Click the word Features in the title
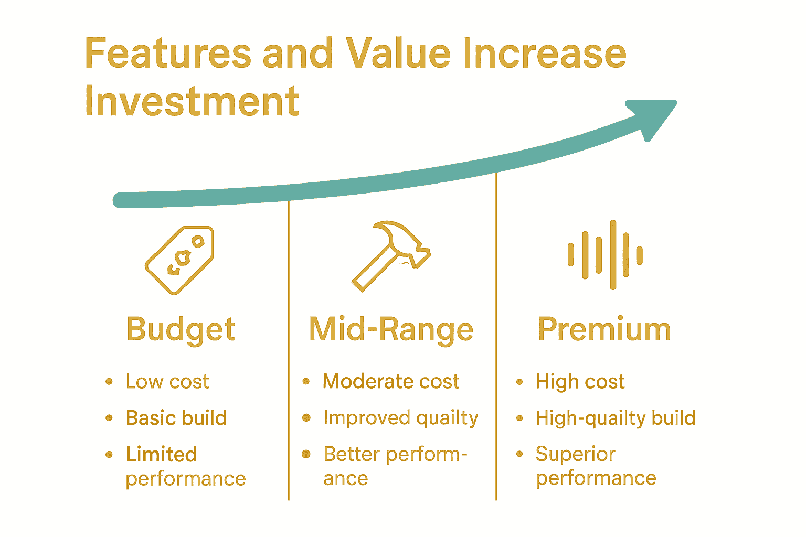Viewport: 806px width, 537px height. tap(168, 53)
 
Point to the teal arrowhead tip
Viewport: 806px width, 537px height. tap(676, 102)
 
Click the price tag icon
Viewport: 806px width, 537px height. tap(179, 260)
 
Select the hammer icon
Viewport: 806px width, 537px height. tap(391, 256)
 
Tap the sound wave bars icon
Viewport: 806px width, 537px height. tap(605, 255)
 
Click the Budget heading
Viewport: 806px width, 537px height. tap(181, 330)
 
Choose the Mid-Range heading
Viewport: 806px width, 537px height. tap(391, 330)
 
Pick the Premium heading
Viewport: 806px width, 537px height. tap(604, 329)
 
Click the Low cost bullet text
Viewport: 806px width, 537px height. tap(167, 381)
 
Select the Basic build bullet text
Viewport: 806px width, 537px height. tap(176, 418)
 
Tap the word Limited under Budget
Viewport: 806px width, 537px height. tap(162, 454)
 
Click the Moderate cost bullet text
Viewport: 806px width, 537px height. tap(391, 381)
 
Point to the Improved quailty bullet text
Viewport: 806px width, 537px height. tap(401, 418)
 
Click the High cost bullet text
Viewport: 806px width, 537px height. tap(580, 381)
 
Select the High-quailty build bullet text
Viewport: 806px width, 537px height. tap(616, 418)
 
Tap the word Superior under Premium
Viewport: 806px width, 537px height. tap(576, 454)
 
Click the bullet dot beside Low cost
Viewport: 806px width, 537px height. tap(109, 382)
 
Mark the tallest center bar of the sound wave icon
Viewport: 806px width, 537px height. tap(613, 255)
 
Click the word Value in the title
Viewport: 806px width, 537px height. tap(398, 53)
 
